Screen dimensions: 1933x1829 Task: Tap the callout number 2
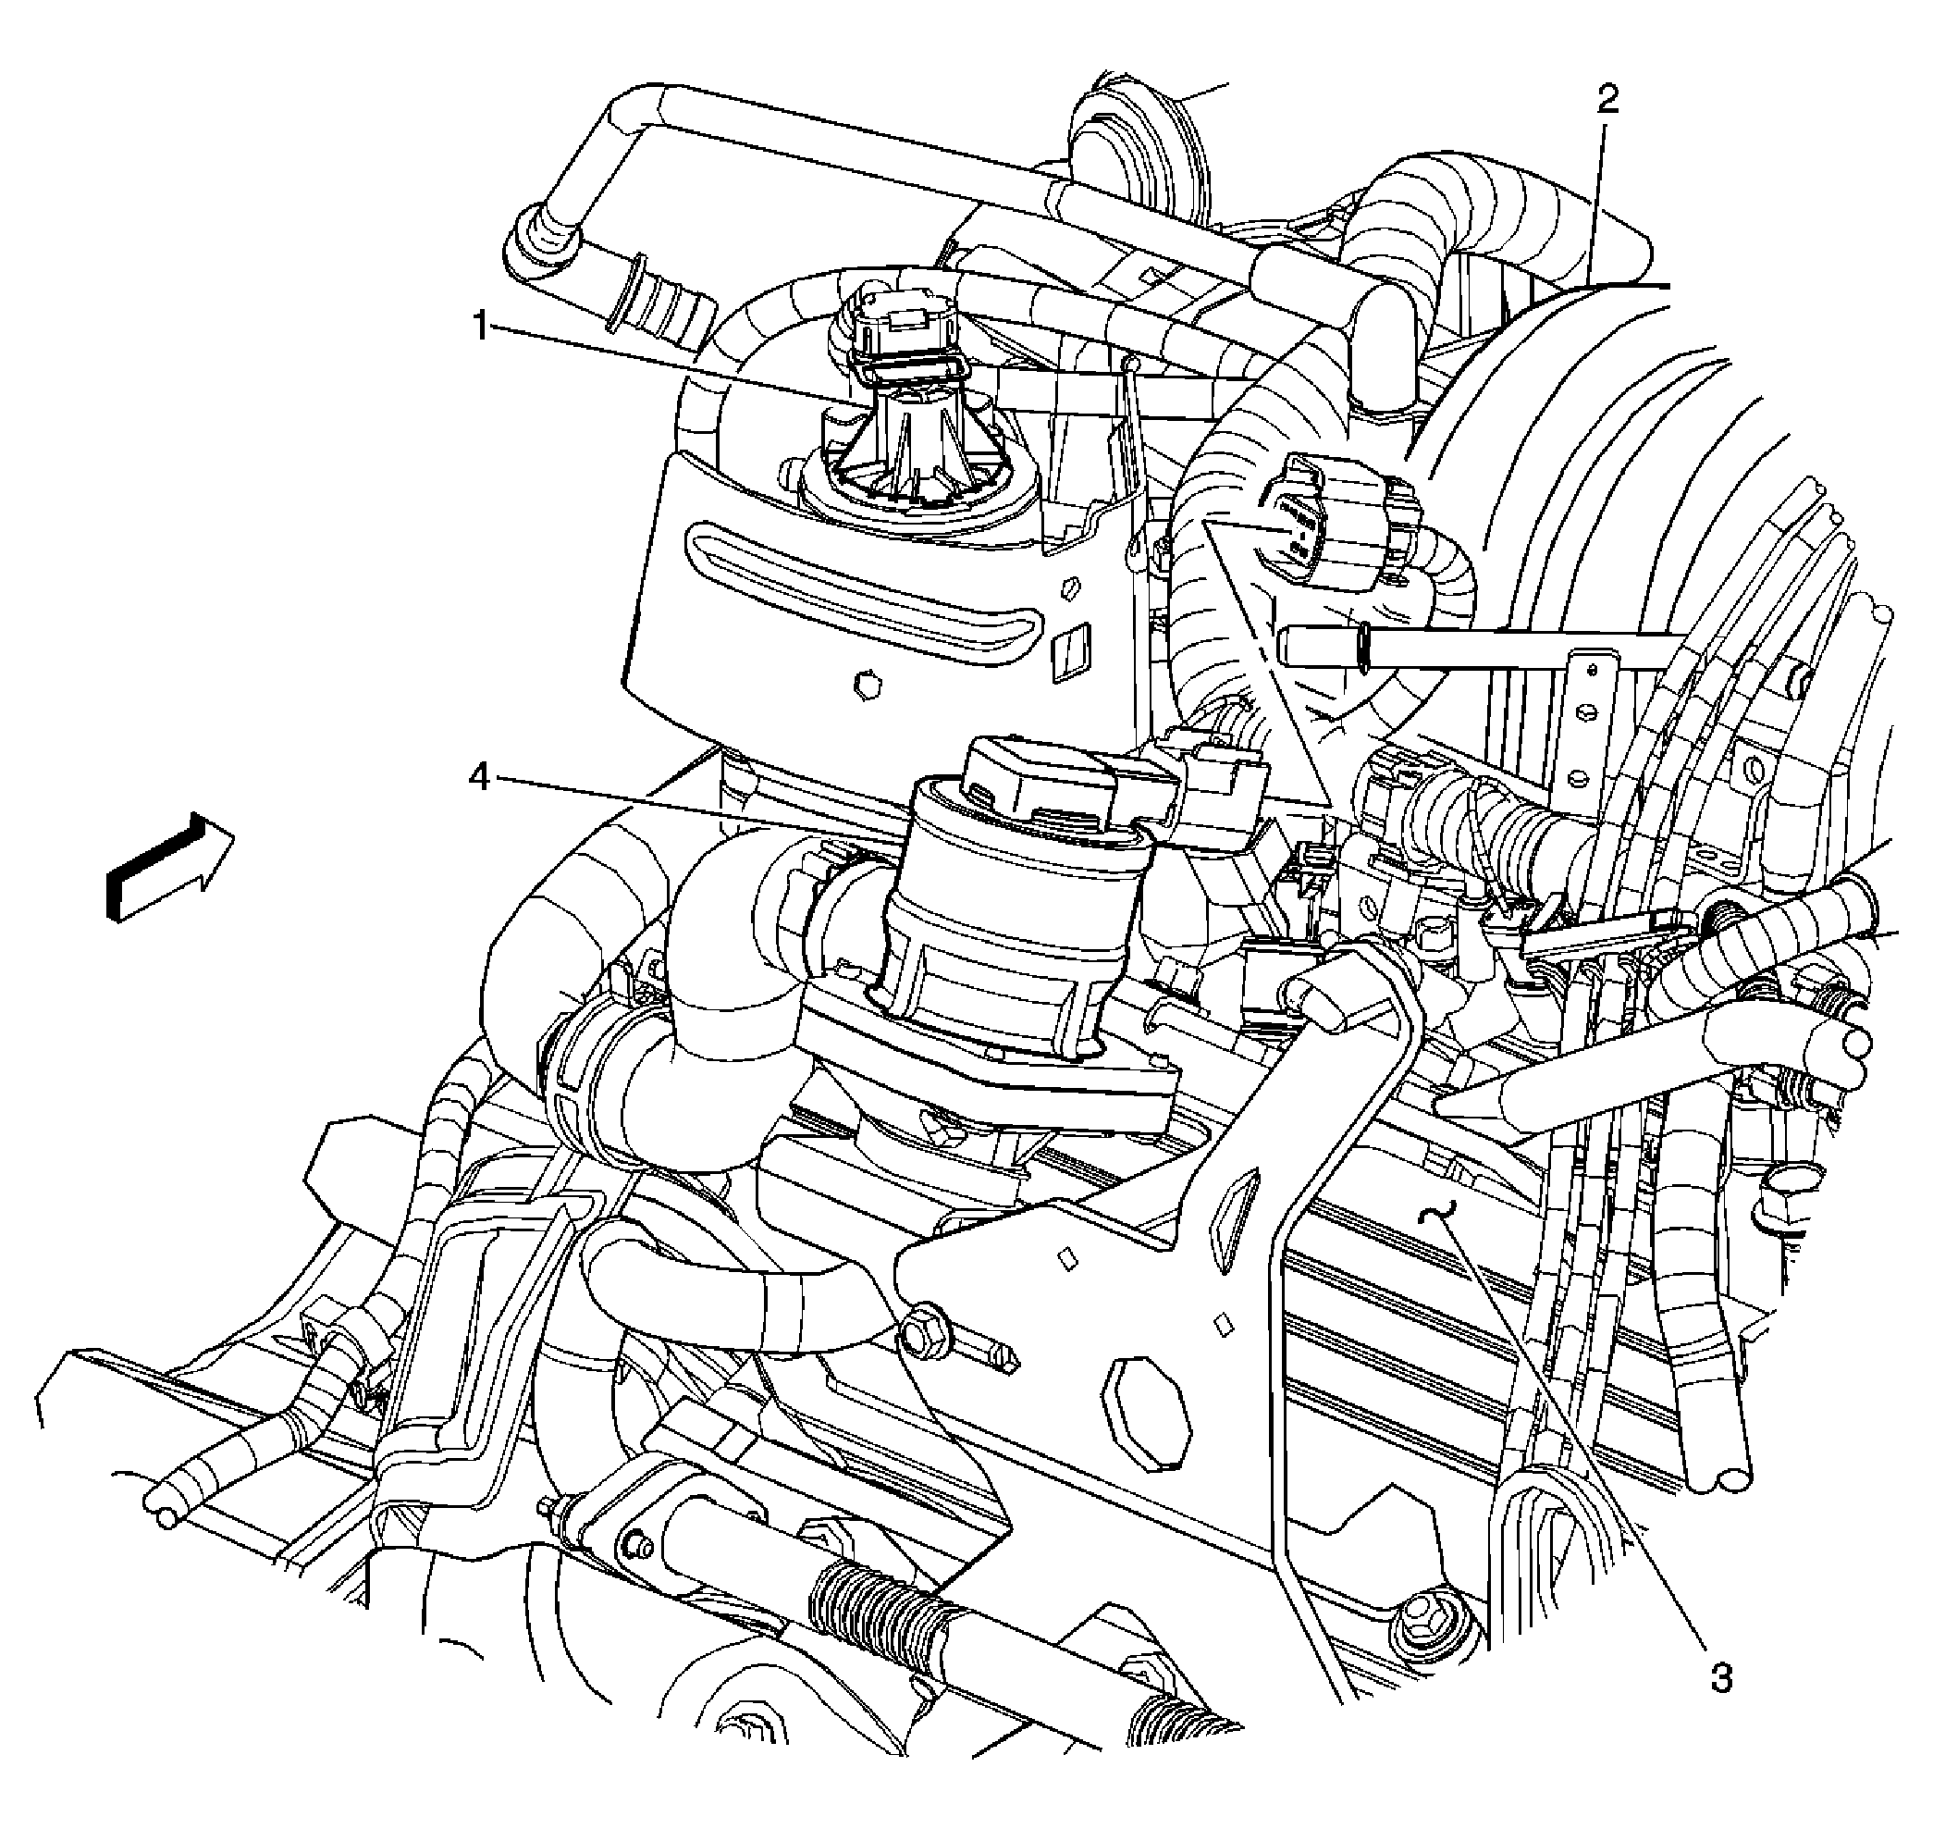(1607, 97)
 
